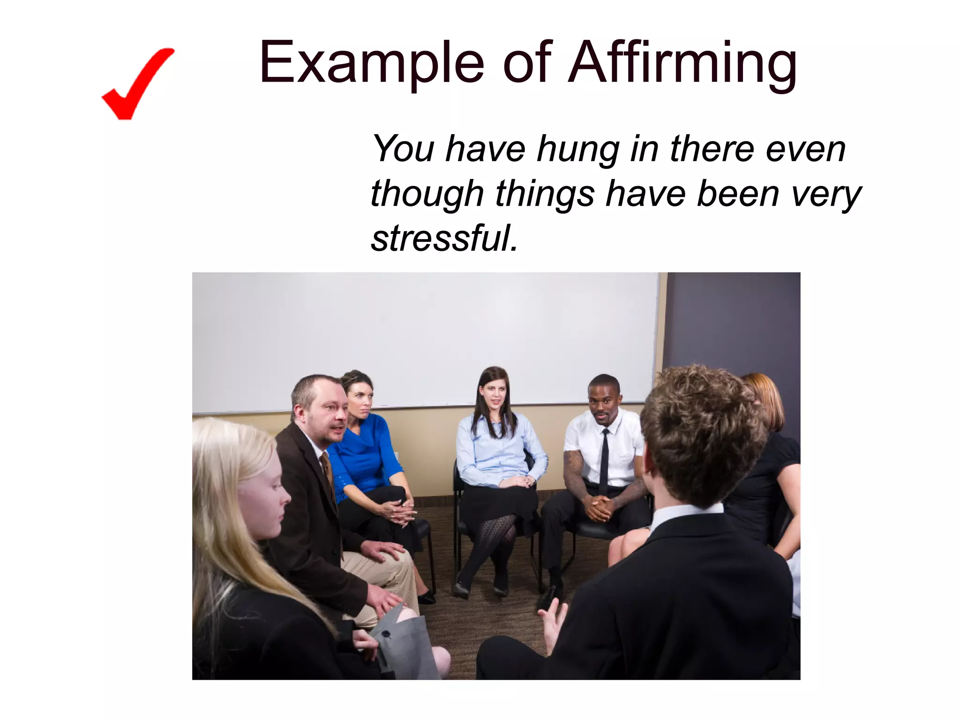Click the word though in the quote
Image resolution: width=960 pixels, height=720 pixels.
(x=427, y=194)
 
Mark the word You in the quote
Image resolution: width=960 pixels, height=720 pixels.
(x=403, y=149)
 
